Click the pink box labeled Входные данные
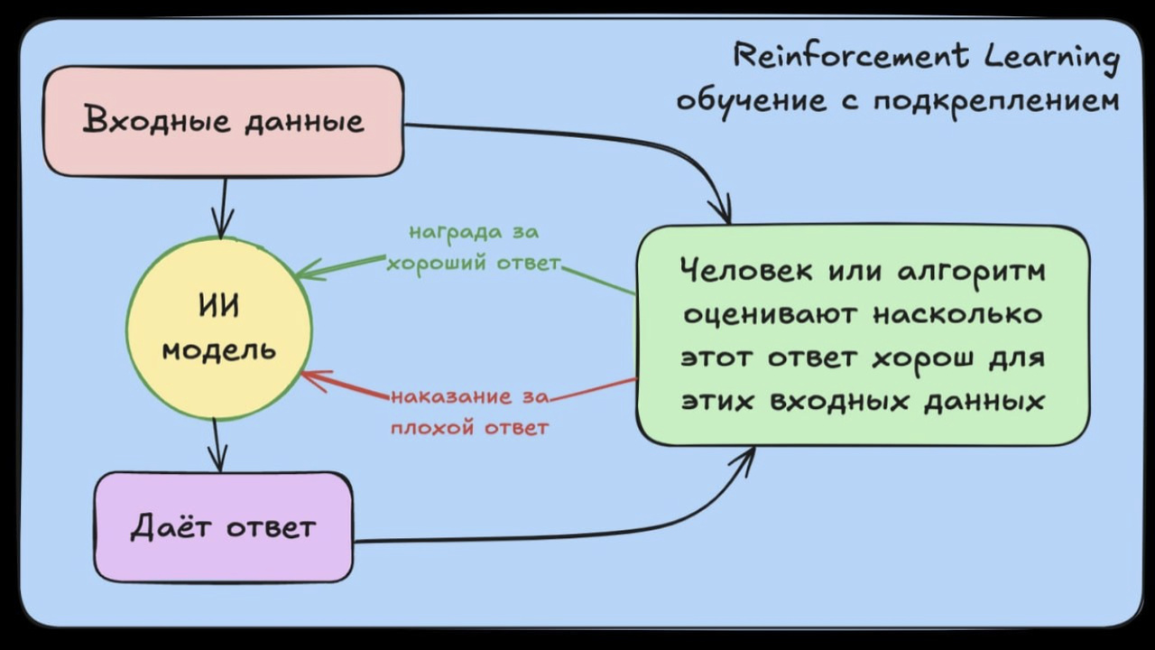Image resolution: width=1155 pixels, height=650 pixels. (223, 121)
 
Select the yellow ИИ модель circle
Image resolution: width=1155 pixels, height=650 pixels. (219, 329)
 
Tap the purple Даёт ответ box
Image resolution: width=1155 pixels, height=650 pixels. (223, 527)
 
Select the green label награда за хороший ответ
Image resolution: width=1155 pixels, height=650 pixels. (474, 247)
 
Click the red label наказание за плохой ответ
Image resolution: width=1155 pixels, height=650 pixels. (469, 412)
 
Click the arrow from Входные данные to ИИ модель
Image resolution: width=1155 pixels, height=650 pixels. (221, 208)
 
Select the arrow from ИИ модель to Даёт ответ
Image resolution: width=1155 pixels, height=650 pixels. (216, 445)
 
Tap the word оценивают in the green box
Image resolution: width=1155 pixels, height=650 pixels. (772, 314)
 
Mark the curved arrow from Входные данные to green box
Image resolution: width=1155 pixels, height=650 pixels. (587, 135)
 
